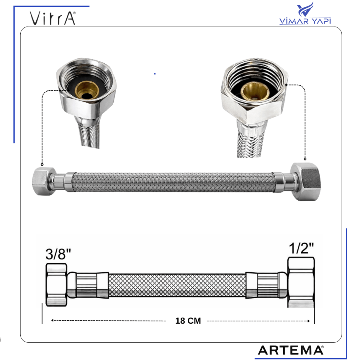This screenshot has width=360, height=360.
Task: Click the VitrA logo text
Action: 52,18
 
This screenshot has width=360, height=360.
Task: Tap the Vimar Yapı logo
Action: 305,15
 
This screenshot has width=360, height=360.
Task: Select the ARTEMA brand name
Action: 291,350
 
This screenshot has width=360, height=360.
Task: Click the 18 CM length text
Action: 188,321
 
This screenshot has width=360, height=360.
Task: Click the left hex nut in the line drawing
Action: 56,285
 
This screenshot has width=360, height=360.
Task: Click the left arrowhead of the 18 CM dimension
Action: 52,321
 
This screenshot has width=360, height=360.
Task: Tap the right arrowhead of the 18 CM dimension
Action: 308,321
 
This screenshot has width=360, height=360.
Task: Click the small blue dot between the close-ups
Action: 154,74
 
